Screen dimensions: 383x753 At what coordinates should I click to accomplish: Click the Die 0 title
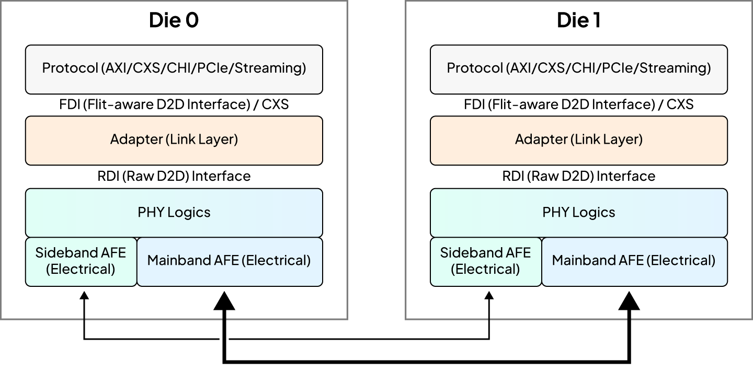click(x=174, y=20)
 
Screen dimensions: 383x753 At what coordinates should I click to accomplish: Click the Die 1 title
click(x=578, y=20)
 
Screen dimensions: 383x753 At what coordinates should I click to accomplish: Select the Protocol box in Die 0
click(x=174, y=68)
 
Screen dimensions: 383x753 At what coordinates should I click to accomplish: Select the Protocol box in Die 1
click(x=578, y=68)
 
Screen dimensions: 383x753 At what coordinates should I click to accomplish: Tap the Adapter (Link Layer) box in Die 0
click(x=174, y=140)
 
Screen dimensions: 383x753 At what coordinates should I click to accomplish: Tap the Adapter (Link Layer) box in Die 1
click(x=578, y=140)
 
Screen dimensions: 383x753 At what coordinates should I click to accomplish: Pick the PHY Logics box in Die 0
click(x=174, y=212)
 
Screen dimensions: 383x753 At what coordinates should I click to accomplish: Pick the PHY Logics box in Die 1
click(x=578, y=212)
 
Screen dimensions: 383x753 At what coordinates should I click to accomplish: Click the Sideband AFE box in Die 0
click(x=81, y=261)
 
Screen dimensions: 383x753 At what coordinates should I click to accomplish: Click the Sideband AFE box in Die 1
click(x=486, y=261)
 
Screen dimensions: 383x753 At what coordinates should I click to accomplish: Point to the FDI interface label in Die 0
click(x=174, y=105)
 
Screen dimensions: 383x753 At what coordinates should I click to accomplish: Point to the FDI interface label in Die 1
click(x=578, y=105)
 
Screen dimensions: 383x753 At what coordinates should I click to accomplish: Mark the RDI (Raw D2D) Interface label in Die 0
click(x=174, y=176)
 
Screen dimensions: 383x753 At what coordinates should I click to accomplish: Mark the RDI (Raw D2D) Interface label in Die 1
click(x=578, y=176)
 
